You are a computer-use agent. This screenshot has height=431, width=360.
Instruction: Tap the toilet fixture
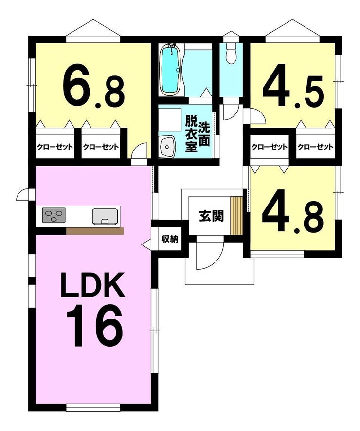pyautogui.click(x=232, y=53)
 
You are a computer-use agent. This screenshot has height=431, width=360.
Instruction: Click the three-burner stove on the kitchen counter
pyautogui.click(x=54, y=215)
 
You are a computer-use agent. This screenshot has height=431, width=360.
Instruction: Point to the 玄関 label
pyautogui.click(x=212, y=216)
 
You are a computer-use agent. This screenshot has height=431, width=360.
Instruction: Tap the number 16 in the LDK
pyautogui.click(x=94, y=325)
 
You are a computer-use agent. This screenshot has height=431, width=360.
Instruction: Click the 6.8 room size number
pyautogui.click(x=94, y=87)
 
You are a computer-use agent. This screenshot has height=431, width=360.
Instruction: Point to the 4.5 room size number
pyautogui.click(x=293, y=85)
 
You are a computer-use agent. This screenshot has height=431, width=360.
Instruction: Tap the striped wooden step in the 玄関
pyautogui.click(x=236, y=216)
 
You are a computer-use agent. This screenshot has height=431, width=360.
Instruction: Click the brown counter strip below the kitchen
pyautogui.click(x=95, y=231)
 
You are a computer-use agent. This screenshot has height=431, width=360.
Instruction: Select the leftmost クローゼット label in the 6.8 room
pyautogui.click(x=55, y=147)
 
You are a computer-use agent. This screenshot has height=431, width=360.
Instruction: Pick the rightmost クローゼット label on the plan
pyautogui.click(x=315, y=147)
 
